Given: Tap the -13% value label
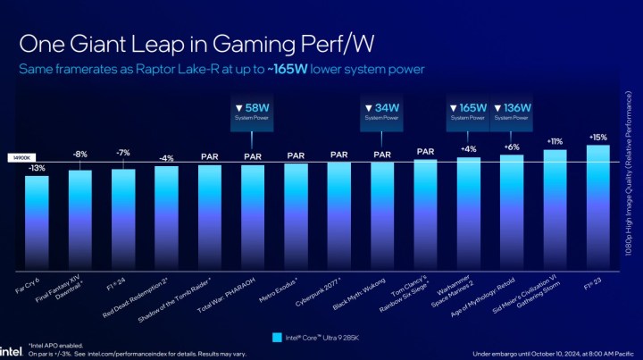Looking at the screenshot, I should [37, 167].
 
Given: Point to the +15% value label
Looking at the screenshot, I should [597, 137].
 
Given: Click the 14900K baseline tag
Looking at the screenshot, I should [20, 159].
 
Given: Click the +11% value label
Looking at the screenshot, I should [555, 141].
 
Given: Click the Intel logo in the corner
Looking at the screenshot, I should [11, 350].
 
